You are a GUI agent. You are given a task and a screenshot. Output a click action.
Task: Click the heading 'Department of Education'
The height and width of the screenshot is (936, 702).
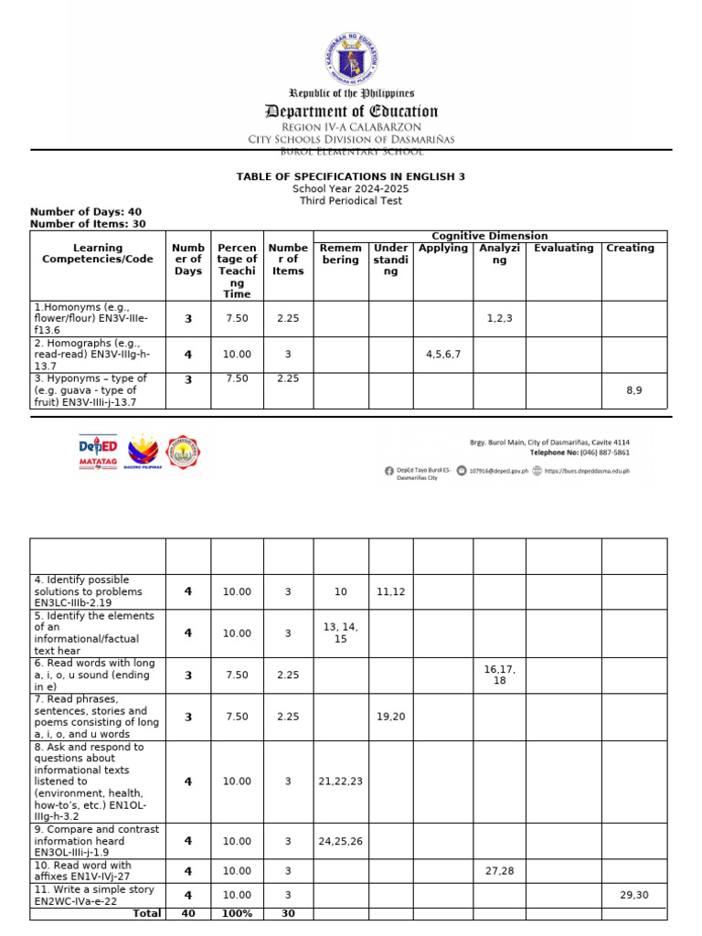[x=351, y=112]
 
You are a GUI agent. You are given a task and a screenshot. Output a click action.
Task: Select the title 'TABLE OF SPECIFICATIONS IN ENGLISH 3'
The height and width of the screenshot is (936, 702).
[x=351, y=176]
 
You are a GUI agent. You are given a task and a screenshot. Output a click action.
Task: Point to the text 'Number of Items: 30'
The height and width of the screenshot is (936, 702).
[x=88, y=224]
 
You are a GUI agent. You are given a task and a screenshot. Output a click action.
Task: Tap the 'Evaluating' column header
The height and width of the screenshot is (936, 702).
[x=563, y=249]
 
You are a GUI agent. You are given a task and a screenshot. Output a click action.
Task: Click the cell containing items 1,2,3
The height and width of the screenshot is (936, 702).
[x=499, y=318]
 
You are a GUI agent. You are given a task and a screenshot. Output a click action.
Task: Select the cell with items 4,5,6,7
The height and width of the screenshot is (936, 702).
[x=442, y=354]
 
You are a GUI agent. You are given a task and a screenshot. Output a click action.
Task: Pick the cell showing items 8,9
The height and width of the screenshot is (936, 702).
[x=633, y=390]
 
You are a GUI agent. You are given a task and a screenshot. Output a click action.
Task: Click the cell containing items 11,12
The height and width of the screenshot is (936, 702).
[x=390, y=592]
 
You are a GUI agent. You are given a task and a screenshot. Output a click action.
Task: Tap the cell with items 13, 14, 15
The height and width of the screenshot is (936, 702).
[x=341, y=633]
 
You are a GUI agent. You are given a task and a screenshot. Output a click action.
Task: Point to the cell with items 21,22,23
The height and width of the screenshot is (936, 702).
[x=341, y=782]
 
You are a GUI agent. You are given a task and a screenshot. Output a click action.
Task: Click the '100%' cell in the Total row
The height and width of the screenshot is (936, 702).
[x=237, y=913]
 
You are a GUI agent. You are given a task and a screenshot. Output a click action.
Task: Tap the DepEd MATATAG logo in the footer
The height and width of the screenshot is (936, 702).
[x=98, y=452]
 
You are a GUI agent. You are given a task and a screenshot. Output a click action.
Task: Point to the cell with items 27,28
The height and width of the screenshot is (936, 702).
[x=499, y=871]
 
